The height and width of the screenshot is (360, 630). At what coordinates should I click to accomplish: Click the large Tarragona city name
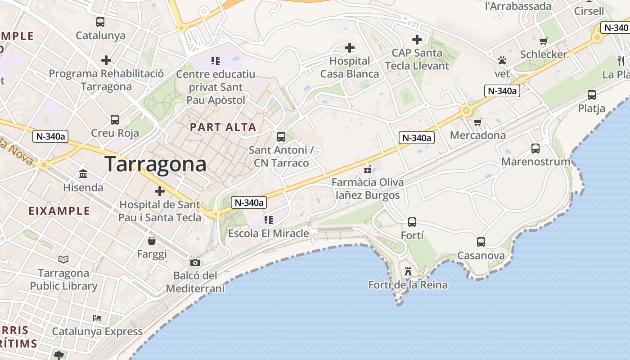tap(156, 164)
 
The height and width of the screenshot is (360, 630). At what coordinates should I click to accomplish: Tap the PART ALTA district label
tap(223, 127)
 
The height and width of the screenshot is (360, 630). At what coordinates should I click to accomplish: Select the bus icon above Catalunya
tap(100, 22)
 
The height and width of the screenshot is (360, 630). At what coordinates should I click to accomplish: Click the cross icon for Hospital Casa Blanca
tap(350, 47)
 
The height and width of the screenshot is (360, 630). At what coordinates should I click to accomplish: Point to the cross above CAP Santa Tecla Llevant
tap(417, 39)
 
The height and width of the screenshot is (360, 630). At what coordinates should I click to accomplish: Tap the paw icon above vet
tap(502, 60)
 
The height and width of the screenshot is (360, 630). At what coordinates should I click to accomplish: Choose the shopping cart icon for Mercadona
tap(478, 122)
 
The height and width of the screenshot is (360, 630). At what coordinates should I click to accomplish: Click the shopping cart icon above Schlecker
tap(543, 41)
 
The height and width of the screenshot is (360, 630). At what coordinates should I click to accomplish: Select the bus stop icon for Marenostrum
tap(535, 148)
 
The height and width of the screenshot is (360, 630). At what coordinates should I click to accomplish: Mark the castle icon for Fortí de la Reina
tap(408, 271)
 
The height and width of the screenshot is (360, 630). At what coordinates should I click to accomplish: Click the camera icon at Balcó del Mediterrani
tap(195, 262)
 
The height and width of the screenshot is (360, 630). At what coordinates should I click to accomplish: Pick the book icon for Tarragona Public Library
tap(63, 259)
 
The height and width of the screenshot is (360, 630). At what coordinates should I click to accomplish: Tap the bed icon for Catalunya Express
tap(97, 318)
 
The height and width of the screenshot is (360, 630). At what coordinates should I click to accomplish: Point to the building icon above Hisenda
tap(83, 174)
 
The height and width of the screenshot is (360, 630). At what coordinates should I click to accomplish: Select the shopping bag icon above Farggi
tap(152, 241)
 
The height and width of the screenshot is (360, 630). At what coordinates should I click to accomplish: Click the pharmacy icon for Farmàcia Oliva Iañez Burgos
tap(368, 169)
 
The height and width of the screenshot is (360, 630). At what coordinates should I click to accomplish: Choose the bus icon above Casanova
tap(481, 242)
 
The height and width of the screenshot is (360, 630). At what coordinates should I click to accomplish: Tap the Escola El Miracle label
tap(269, 234)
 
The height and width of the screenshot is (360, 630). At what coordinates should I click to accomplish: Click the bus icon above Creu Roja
tap(115, 119)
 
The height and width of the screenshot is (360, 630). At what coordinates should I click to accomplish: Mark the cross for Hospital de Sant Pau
tap(160, 191)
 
